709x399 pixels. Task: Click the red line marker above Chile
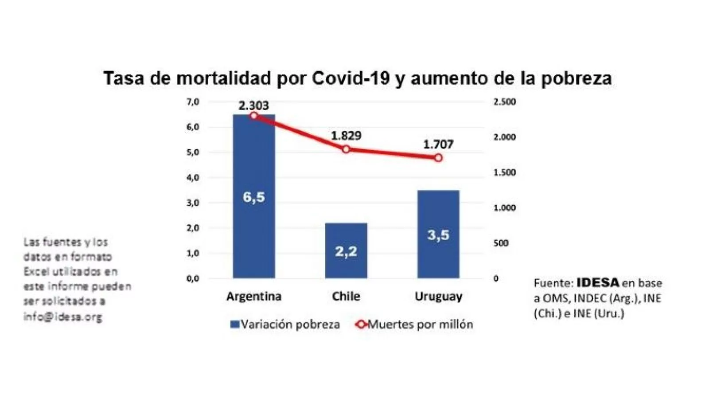click(x=346, y=149)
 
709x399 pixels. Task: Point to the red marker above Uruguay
click(x=438, y=158)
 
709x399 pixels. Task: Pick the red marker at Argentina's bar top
click(x=254, y=116)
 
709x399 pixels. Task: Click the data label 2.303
click(x=254, y=106)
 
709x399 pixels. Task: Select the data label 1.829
click(x=346, y=136)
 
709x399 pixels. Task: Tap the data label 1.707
click(x=438, y=144)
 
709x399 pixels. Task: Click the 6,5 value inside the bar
click(x=254, y=197)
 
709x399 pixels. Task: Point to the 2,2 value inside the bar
click(x=346, y=252)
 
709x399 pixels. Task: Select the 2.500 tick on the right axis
click(x=504, y=102)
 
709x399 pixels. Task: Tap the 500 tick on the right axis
click(x=501, y=243)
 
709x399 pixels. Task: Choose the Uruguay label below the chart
click(x=438, y=296)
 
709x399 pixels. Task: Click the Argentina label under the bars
click(x=254, y=296)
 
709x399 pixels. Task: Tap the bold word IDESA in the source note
click(x=597, y=283)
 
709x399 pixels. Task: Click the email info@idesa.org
click(x=62, y=317)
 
